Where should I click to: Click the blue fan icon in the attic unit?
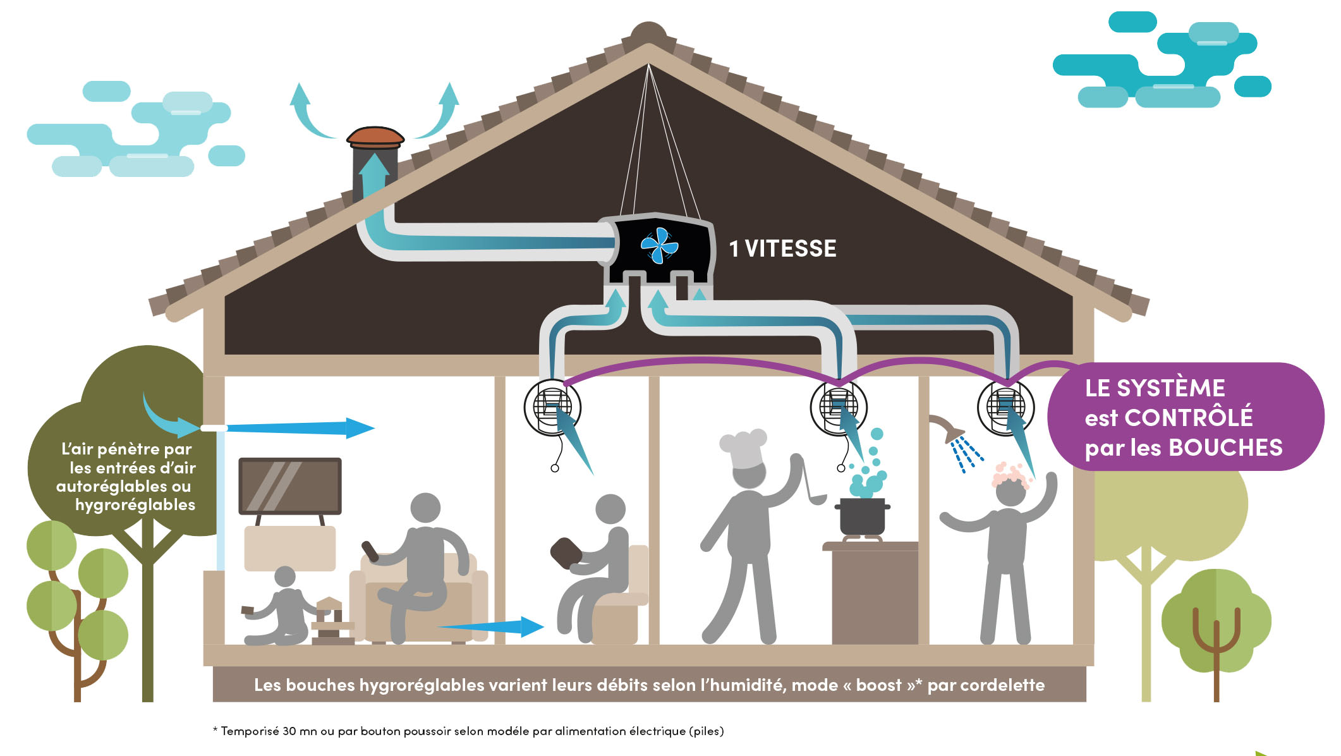point(659,245)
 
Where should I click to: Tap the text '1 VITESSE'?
point(782,249)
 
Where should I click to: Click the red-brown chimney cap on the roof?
point(375,136)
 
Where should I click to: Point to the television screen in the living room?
point(290,485)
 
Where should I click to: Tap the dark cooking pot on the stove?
point(862,516)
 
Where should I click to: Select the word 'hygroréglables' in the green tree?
point(135,505)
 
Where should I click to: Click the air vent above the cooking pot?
point(838,408)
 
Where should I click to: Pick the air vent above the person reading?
point(552,408)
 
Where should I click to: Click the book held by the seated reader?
point(566,552)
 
